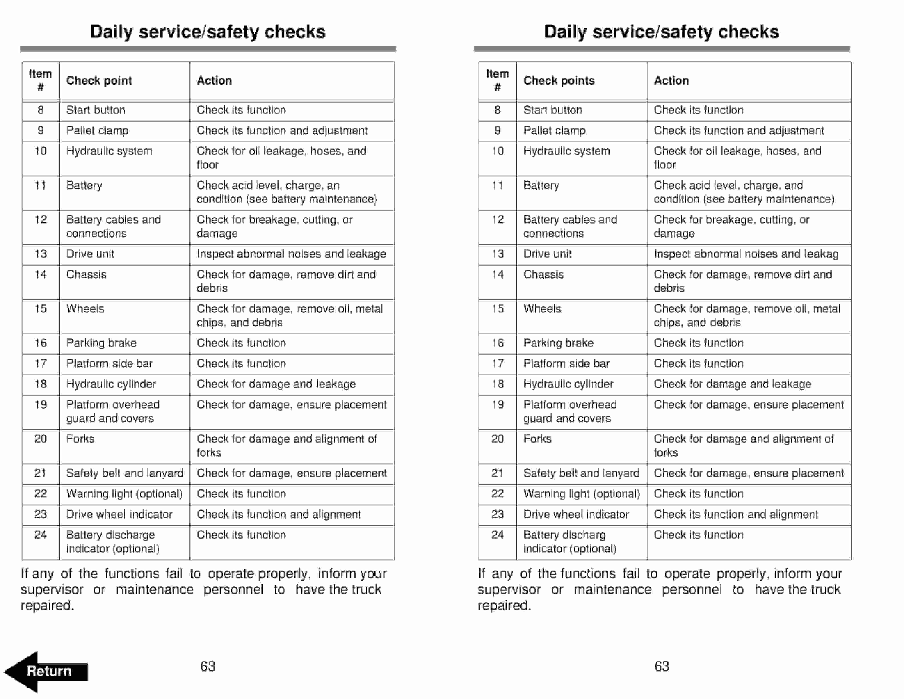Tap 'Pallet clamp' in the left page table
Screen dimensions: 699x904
coord(97,130)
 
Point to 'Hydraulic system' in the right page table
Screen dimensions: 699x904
coord(566,151)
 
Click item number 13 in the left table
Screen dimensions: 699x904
coord(41,254)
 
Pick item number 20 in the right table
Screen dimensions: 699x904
coord(498,439)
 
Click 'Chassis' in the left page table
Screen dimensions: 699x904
coord(86,275)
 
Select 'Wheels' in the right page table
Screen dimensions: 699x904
coord(542,309)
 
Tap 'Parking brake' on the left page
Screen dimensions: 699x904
coord(101,343)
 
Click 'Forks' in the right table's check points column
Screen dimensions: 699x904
coord(537,439)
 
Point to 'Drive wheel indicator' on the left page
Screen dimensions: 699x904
coord(119,514)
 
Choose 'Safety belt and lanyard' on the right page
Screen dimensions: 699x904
coord(581,473)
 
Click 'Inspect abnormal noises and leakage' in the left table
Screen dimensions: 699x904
coord(291,254)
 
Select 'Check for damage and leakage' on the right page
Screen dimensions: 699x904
coord(732,384)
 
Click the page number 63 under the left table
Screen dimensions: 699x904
coord(207,666)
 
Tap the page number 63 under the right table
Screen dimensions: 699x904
coord(661,666)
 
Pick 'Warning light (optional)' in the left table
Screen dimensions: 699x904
coord(124,494)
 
